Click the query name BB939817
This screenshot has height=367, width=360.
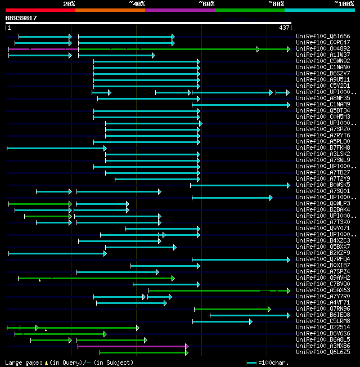(21, 18)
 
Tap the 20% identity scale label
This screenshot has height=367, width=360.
(69, 4)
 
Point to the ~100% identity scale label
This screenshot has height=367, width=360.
(344, 4)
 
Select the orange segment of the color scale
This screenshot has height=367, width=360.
(110, 10)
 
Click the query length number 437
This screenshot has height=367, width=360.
(284, 28)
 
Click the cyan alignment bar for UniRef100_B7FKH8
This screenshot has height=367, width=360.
(56, 148)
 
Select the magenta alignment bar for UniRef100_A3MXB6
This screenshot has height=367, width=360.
(133, 346)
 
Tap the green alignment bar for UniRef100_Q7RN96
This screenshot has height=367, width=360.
(232, 309)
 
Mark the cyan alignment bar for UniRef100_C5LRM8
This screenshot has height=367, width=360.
(222, 321)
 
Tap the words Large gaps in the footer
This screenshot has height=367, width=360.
(22, 362)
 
